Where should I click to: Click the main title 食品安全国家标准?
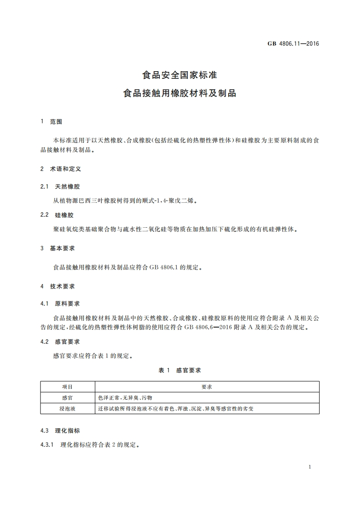pos(180,74)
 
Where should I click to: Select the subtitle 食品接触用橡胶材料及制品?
pos(180,93)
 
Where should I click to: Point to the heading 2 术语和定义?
pos(61,168)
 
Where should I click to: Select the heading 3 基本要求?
pos(58,248)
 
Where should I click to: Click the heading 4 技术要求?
pos(58,286)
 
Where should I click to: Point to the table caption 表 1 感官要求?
pos(180,370)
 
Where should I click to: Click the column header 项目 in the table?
pos(67,387)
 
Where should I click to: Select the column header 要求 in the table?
pos(207,387)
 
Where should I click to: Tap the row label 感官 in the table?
pos(67,397)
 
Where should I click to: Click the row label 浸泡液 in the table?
pos(67,408)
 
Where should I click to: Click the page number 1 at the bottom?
pos(309,467)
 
